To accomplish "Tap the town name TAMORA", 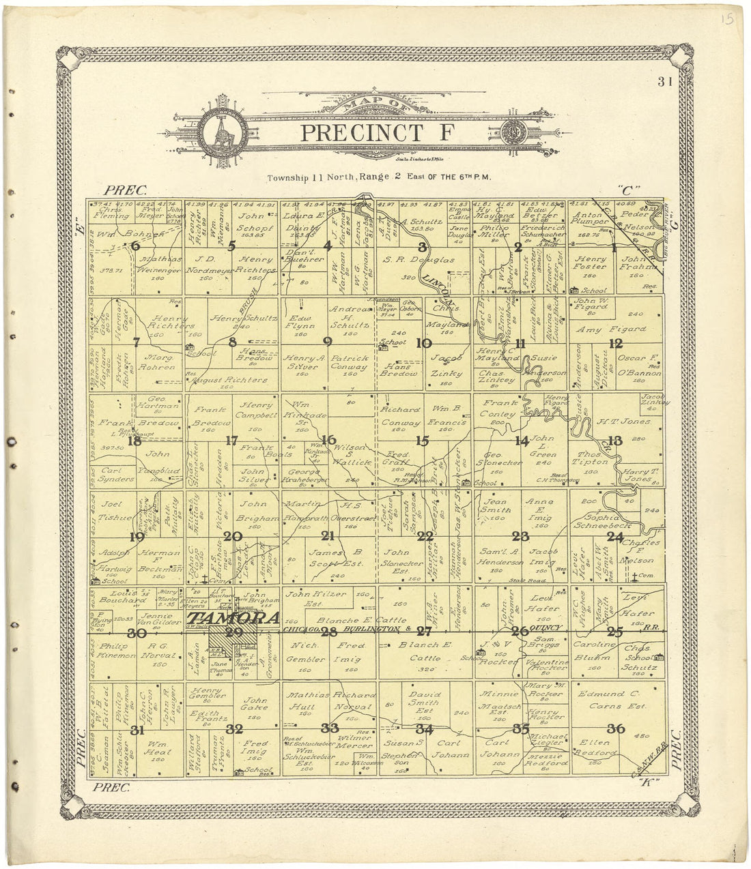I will tap(234, 619).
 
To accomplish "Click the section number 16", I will tap(328, 441).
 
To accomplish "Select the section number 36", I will tap(616, 728).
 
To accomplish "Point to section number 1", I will tap(614, 248).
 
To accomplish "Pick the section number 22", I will tap(425, 536).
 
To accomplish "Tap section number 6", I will tap(136, 246).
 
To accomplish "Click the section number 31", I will tap(137, 731).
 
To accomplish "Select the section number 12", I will tap(616, 343).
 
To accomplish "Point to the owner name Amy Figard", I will tap(621, 329).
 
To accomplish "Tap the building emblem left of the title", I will tap(221, 130).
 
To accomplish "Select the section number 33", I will tap(330, 728).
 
